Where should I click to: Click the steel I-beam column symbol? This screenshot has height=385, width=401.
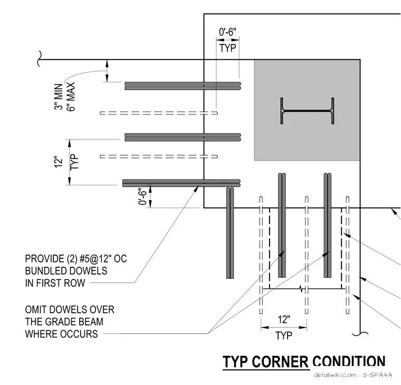pyautogui.click(x=307, y=111)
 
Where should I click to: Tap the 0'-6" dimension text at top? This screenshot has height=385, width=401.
pyautogui.click(x=227, y=32)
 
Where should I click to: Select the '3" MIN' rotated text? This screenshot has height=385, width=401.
pyautogui.click(x=59, y=97)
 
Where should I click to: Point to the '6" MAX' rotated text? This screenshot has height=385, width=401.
pyautogui.click(x=71, y=97)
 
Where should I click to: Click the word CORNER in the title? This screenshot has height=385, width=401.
pyautogui.click(x=280, y=362)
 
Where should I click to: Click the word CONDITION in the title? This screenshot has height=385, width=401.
pyautogui.click(x=349, y=361)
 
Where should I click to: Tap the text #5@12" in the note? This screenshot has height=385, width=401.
pyautogui.click(x=96, y=259)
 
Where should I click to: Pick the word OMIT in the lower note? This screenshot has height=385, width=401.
pyautogui.click(x=36, y=309)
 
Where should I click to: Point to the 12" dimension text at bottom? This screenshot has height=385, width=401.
pyautogui.click(x=284, y=320)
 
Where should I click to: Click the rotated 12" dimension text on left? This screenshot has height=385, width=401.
pyautogui.click(x=59, y=162)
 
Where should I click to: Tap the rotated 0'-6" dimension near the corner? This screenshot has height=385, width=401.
pyautogui.click(x=143, y=197)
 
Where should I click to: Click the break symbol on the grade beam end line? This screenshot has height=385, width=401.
pyautogui.click(x=302, y=289)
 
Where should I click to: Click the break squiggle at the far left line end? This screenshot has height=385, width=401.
pyautogui.click(x=39, y=59)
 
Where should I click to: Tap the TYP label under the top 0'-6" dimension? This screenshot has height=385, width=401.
pyautogui.click(x=227, y=48)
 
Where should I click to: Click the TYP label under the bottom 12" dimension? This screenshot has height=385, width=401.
pyautogui.click(x=284, y=335)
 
